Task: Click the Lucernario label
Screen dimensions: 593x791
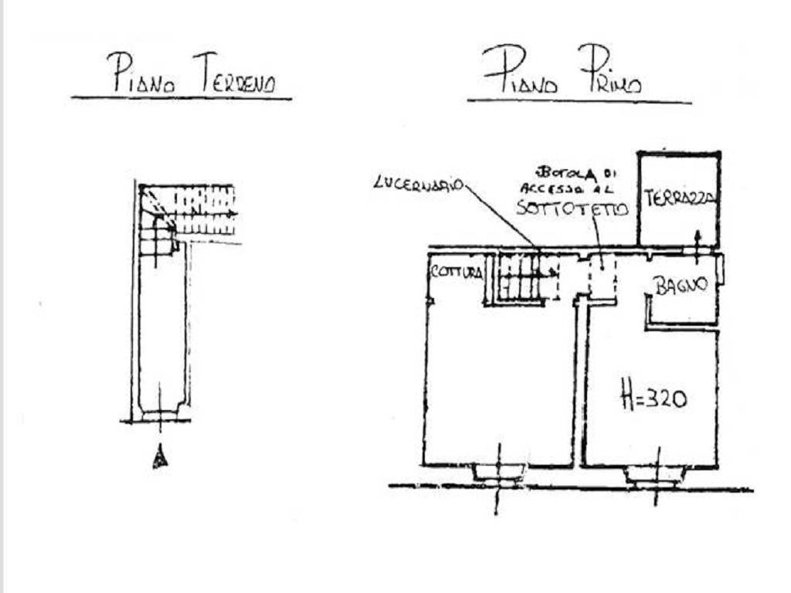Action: (x=418, y=184)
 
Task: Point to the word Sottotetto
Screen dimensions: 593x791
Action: (x=572, y=207)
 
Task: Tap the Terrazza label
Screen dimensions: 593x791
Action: (x=679, y=198)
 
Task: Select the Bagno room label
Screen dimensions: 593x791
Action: (x=681, y=285)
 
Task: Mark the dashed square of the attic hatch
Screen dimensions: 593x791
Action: (x=603, y=276)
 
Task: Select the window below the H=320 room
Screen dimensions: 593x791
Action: (x=655, y=474)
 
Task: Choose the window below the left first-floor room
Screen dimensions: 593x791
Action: (x=498, y=473)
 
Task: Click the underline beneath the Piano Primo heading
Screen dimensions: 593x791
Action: (x=579, y=101)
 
